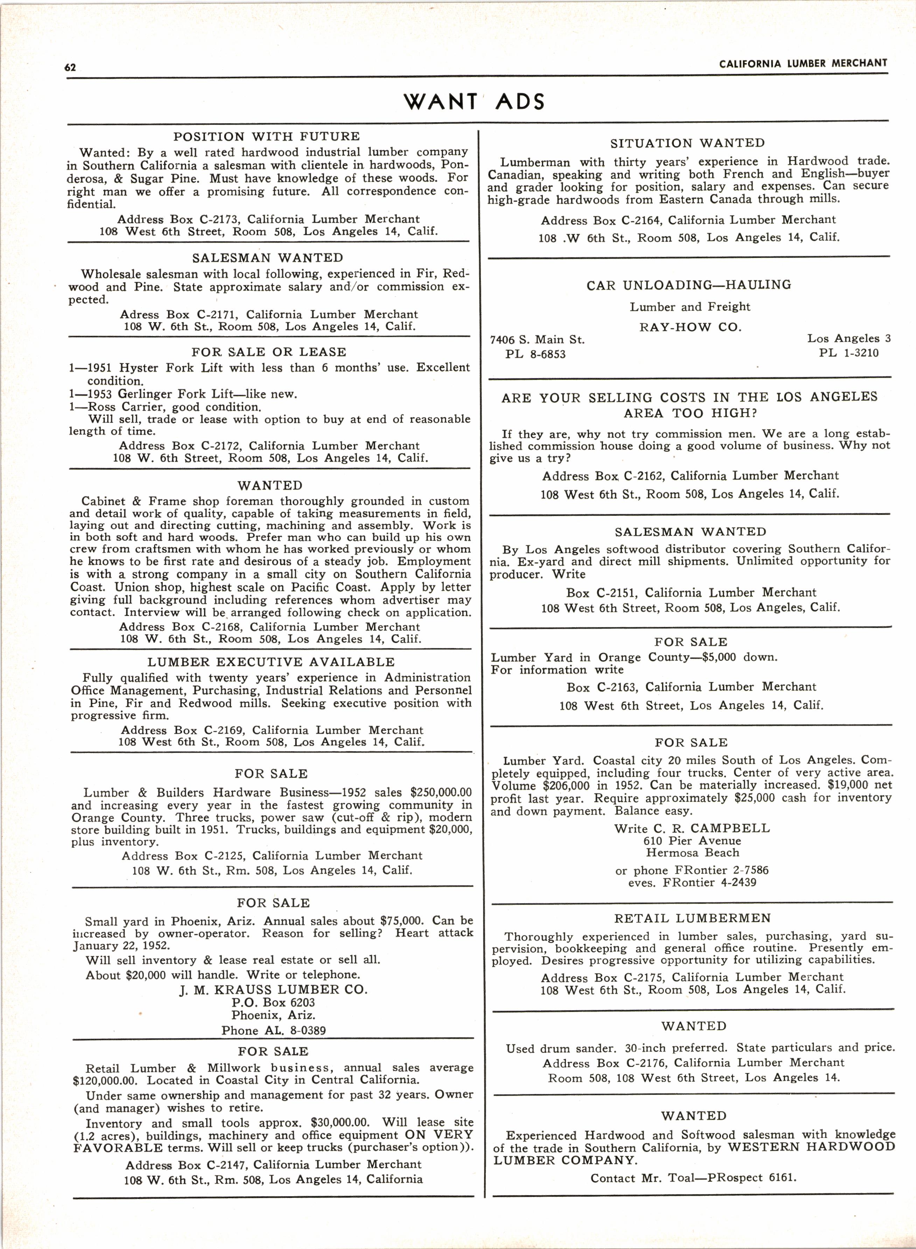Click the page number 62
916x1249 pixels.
click(x=70, y=68)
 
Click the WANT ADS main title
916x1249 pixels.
click(x=474, y=102)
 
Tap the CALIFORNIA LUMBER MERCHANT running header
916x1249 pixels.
click(x=803, y=64)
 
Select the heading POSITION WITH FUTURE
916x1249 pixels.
click(x=267, y=137)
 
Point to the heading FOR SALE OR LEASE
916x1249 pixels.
click(x=269, y=352)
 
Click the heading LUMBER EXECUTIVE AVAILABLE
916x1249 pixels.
click(x=271, y=662)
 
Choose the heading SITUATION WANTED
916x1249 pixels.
click(x=687, y=143)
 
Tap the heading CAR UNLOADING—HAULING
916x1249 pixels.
click(x=689, y=285)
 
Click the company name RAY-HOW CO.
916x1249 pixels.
click(x=690, y=327)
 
